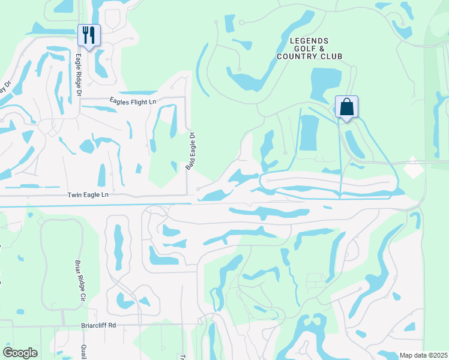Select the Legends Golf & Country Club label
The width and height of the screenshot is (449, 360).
pos(309,49)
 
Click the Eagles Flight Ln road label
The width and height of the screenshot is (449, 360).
pos(133,101)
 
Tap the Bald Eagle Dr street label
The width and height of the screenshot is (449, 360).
pos(190,151)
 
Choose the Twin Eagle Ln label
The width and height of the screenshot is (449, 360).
pos(88,195)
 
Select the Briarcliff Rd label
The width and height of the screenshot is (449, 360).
pos(98,326)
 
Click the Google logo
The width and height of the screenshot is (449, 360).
pos(20,353)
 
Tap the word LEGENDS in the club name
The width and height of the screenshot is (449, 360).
pos(309,40)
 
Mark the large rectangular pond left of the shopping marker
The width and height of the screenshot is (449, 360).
pos(309,132)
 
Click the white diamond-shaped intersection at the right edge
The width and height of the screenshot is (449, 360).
pos(413,167)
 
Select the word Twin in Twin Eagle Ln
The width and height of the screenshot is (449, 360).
pos(74,195)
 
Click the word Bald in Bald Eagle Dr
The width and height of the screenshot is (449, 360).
pos(188,163)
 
